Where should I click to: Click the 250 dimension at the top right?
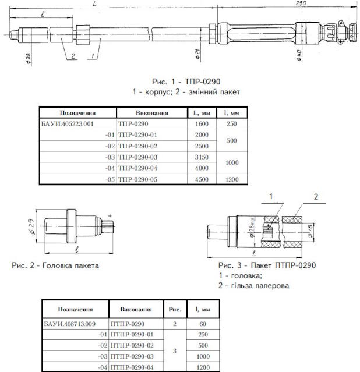point(301,3)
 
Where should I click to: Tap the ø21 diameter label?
point(199,56)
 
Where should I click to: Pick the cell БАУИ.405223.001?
point(68,124)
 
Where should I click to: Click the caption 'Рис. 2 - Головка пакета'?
point(55,265)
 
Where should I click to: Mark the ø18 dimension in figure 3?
point(308,231)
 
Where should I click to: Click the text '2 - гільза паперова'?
point(254,286)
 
